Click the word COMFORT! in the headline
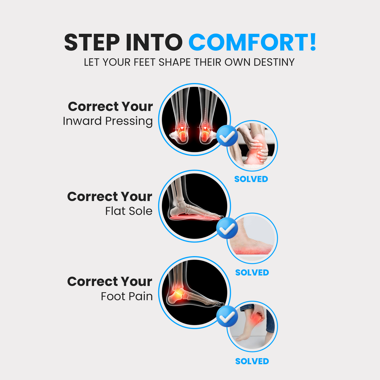(252, 43)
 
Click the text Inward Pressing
(108, 121)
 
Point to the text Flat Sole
(129, 211)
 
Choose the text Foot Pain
(127, 296)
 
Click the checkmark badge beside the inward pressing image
(227, 135)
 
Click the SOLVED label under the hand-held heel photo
(251, 179)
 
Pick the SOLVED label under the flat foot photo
(252, 273)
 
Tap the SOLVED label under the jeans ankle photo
(252, 361)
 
